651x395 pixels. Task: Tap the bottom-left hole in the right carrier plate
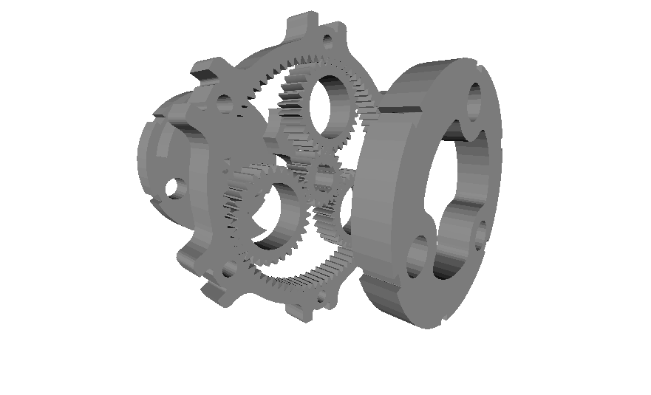pyautogui.click(x=418, y=255)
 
